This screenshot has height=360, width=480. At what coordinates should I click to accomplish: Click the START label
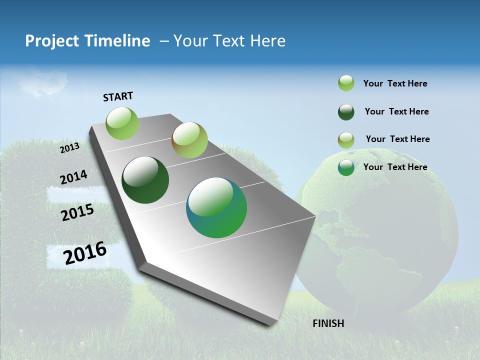[118, 96]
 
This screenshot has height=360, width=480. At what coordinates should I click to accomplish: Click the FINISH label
[328, 323]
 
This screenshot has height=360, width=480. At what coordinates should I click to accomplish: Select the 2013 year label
[69, 147]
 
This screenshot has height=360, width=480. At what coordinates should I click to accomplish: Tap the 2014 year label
[73, 177]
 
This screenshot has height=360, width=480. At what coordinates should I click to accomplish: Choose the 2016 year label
[85, 252]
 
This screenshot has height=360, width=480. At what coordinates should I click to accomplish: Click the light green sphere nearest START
[122, 123]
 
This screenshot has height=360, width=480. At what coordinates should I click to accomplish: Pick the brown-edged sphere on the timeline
[189, 140]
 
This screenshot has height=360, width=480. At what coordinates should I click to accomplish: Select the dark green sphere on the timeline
[145, 180]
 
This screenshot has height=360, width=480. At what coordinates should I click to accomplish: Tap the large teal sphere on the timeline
[216, 207]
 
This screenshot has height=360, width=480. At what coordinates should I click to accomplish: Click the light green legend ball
[346, 83]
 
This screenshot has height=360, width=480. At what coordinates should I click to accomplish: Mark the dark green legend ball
[346, 112]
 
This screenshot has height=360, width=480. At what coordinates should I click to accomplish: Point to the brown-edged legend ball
[346, 140]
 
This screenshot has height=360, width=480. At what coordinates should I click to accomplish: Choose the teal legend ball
[346, 167]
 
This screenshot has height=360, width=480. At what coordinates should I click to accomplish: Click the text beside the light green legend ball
[395, 83]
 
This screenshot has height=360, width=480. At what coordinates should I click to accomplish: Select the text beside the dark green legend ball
[396, 111]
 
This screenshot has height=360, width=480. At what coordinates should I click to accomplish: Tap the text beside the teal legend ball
[395, 167]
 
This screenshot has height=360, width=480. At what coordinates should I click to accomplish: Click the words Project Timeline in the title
[87, 41]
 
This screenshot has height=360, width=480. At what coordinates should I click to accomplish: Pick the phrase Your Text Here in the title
[229, 41]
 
